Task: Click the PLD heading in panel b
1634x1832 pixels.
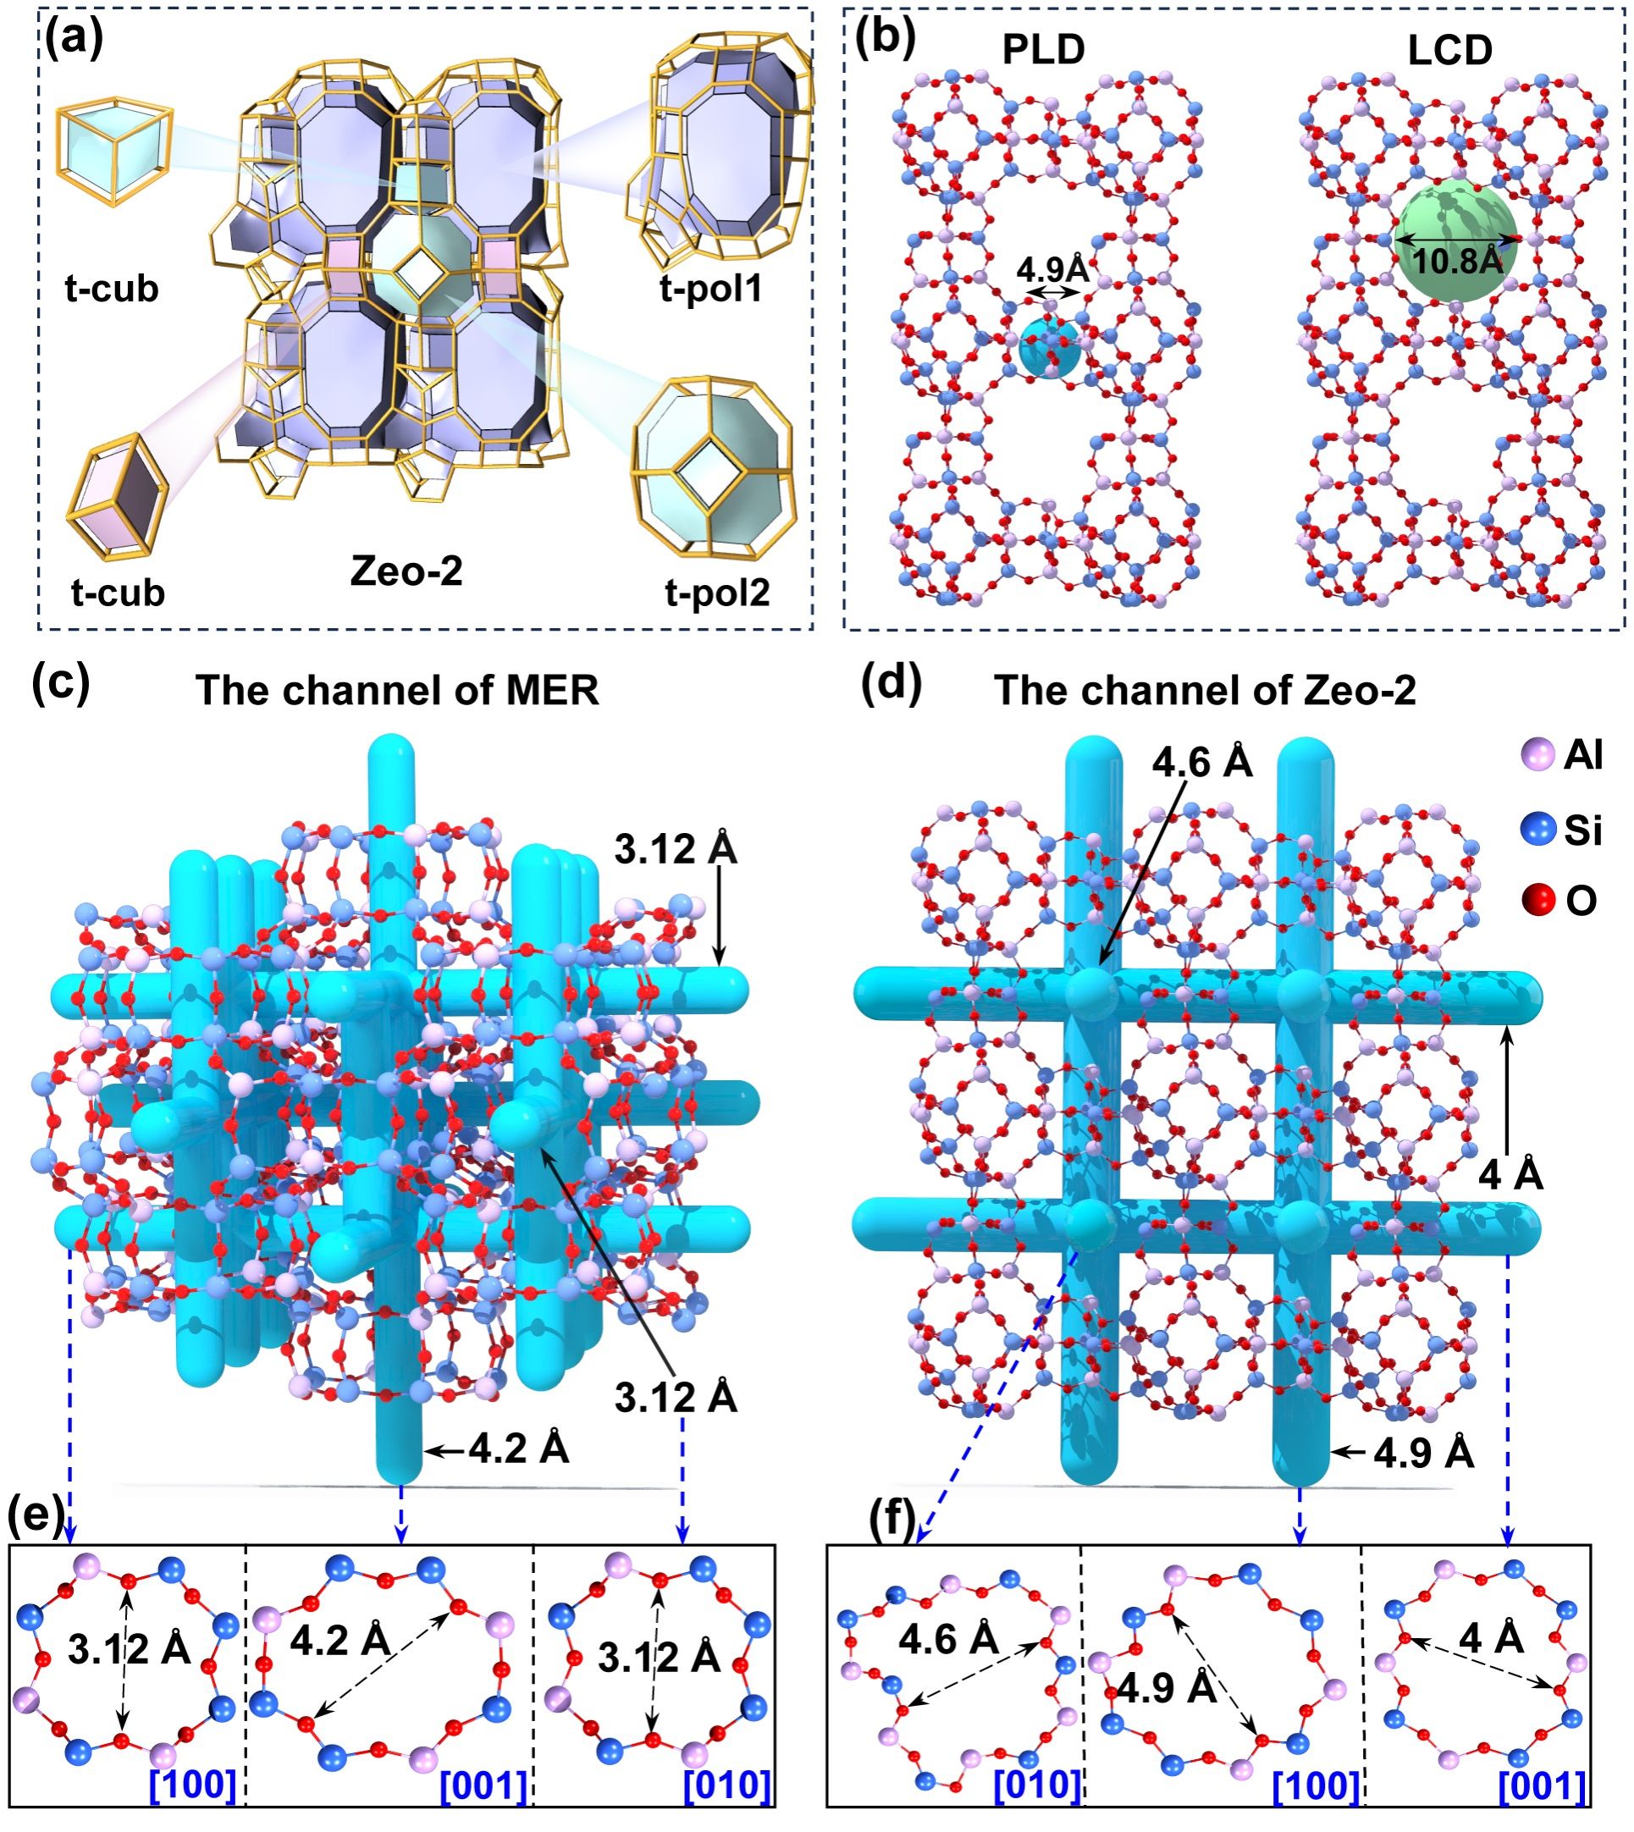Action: click(1043, 51)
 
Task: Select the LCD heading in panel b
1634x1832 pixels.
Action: click(1450, 51)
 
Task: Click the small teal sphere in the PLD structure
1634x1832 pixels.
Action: click(1050, 348)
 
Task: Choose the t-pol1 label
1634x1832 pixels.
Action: click(711, 289)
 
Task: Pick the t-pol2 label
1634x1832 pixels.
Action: click(717, 593)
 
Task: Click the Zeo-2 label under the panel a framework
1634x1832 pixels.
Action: click(406, 571)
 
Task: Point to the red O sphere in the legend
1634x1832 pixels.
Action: click(1539, 900)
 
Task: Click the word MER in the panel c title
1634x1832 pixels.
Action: click(551, 691)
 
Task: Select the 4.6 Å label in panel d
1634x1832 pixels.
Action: click(1202, 763)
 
